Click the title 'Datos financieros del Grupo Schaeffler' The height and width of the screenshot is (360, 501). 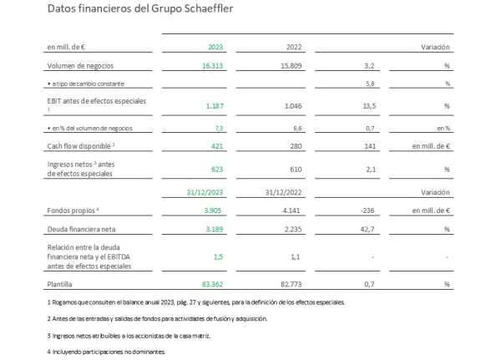pos(140,8)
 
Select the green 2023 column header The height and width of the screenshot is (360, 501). pos(215,47)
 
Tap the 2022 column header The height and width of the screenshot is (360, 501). pos(294,47)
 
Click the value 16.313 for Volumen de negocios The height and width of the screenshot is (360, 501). pos(212,66)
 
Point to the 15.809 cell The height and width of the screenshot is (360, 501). pos(291,66)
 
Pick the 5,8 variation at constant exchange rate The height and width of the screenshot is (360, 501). pos(370,84)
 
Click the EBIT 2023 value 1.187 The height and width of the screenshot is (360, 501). pos(215,106)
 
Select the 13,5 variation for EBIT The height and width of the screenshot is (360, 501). pos(369,106)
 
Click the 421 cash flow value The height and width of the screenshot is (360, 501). pos(217,146)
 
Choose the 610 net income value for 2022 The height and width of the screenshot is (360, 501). pos(296,169)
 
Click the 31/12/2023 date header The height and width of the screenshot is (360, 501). pos(205,192)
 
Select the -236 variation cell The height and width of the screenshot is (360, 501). pos(367,210)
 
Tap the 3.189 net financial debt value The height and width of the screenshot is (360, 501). pos(215,229)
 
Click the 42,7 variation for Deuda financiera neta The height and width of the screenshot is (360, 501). pos(367,229)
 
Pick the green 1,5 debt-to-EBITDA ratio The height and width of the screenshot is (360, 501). pos(218,256)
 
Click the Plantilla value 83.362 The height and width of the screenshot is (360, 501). pos(212,284)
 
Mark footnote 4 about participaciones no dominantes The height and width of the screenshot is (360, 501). pos(106,352)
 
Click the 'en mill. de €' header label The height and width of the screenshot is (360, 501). pos(66,47)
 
